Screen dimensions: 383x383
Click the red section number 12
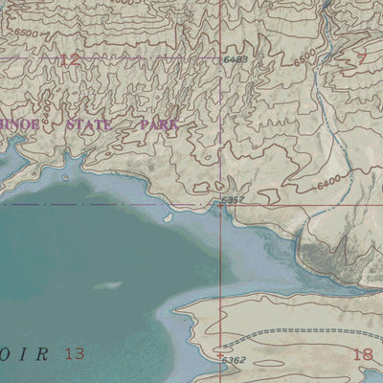coord(68,60)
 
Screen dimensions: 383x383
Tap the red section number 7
coord(362,57)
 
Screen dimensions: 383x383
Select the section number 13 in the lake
coord(75,353)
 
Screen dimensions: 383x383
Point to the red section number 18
coord(362,354)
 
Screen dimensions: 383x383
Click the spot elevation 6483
coord(237,60)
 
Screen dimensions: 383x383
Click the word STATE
coord(89,124)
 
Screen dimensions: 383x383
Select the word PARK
coord(158,124)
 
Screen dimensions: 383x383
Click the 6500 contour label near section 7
coord(304,59)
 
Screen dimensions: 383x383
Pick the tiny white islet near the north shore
coord(168,217)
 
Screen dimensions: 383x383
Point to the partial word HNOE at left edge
coord(17,124)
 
